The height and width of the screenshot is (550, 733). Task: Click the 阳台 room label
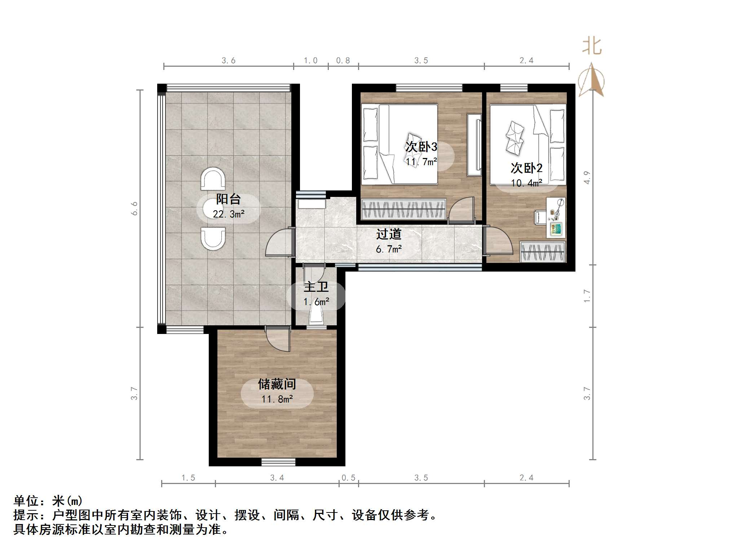coord(228,199)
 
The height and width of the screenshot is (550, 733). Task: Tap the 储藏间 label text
coord(277,384)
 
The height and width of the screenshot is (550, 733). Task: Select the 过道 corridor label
coord(389,234)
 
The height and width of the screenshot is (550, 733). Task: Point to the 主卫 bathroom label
coord(316,287)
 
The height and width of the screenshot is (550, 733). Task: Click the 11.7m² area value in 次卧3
coord(421,162)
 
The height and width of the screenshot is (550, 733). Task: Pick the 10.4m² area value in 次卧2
coord(526,183)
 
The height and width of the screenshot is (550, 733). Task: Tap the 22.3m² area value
coord(229,214)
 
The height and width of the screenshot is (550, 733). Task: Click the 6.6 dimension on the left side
coord(134,208)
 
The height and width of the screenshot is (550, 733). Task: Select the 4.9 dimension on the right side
coord(587,177)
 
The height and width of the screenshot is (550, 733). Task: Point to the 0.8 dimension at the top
coord(343,61)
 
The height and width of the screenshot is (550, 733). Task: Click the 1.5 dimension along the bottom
coord(188,478)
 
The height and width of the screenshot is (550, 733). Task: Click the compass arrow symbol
coord(591,80)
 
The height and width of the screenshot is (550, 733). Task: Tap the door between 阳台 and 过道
coord(279,243)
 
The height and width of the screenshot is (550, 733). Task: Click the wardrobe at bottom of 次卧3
coord(403,209)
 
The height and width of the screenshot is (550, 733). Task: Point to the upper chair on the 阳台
coord(213,179)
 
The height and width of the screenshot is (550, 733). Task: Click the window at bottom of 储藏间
coord(278,462)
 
